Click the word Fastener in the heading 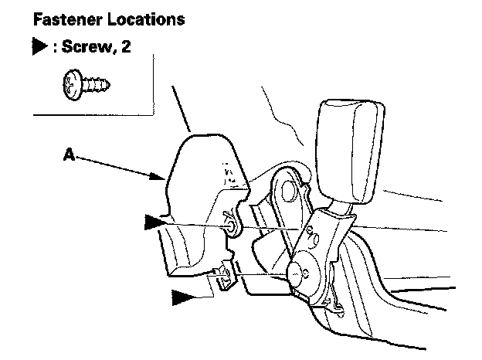[x=68, y=19]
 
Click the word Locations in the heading [x=146, y=19]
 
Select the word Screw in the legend [x=87, y=46]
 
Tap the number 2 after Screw [x=126, y=46]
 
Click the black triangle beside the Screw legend [x=39, y=46]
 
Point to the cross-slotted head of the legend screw [x=73, y=84]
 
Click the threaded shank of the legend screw [x=96, y=85]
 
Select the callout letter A [x=69, y=155]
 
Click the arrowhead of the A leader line [x=158, y=176]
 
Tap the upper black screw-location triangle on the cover [x=155, y=222]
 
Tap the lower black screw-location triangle [x=182, y=297]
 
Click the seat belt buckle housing [x=350, y=151]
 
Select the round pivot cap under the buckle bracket [x=296, y=273]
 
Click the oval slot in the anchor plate [x=289, y=192]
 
